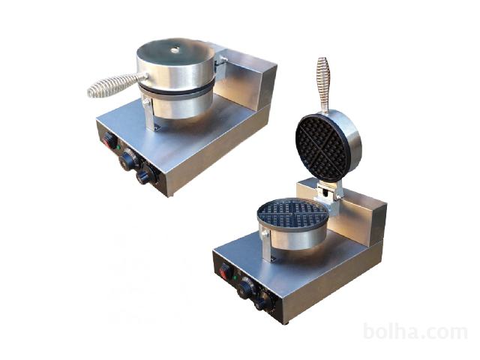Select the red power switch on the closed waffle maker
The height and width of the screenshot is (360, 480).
[x=108, y=142]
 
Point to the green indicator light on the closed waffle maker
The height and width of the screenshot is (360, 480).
[x=118, y=147]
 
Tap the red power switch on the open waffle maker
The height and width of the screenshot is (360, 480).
[x=225, y=271]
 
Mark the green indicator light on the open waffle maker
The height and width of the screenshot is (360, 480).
[x=235, y=278]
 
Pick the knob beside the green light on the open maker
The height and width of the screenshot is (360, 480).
[x=245, y=288]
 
